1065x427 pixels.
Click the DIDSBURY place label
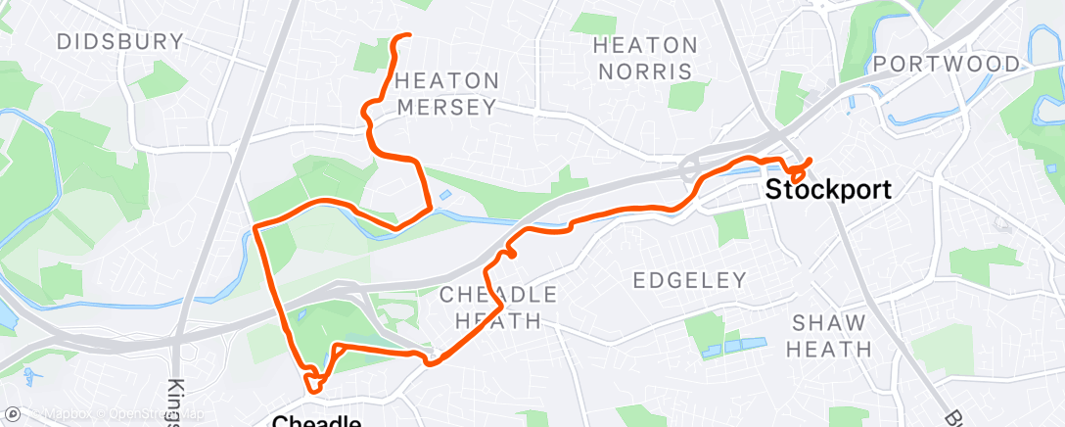120,41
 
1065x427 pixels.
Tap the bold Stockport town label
828,189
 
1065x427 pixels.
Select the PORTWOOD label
947,64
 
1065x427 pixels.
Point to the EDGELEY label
689,280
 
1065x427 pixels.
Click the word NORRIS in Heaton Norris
646,71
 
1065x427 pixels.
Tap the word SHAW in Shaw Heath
831,322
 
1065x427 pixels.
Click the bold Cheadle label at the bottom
315,421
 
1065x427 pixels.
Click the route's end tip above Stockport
810,160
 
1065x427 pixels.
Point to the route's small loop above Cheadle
312,381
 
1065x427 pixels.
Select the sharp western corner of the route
256,227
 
